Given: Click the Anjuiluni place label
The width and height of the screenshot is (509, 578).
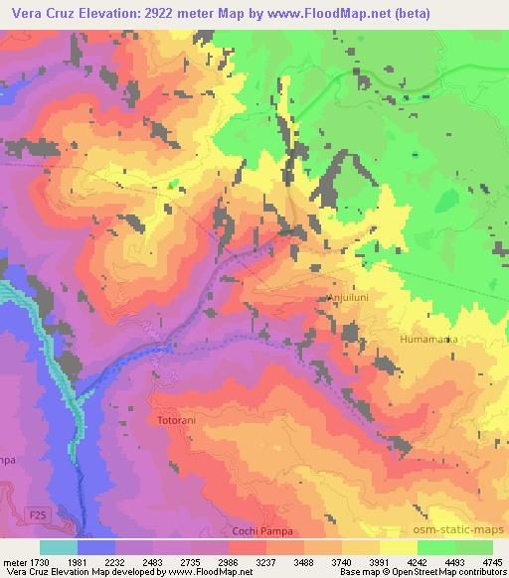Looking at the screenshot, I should coord(349,296).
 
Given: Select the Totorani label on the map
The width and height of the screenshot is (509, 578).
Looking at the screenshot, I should coord(180,421).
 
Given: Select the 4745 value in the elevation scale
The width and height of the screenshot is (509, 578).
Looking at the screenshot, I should coord(491,561).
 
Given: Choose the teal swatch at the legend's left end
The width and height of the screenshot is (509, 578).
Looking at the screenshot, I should coord(59,547).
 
